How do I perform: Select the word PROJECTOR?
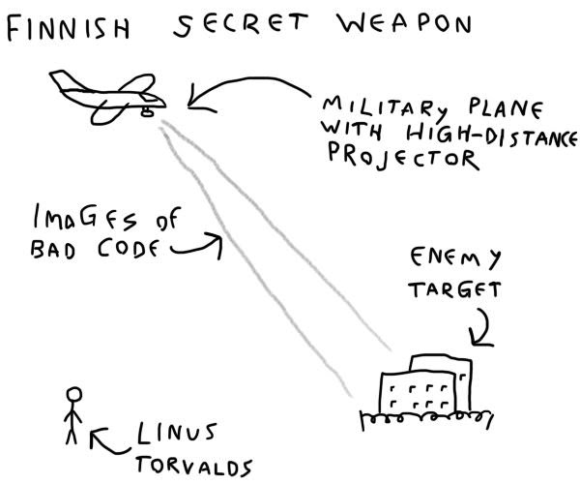tap(399, 157)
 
